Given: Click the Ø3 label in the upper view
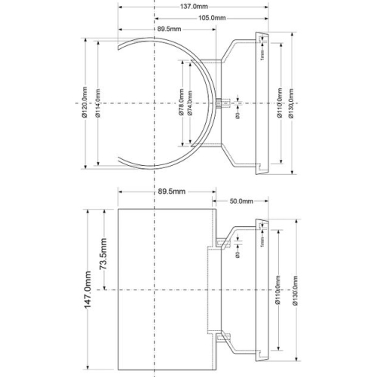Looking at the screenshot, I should (x=238, y=115).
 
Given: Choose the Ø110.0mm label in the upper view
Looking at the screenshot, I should (x=279, y=102).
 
